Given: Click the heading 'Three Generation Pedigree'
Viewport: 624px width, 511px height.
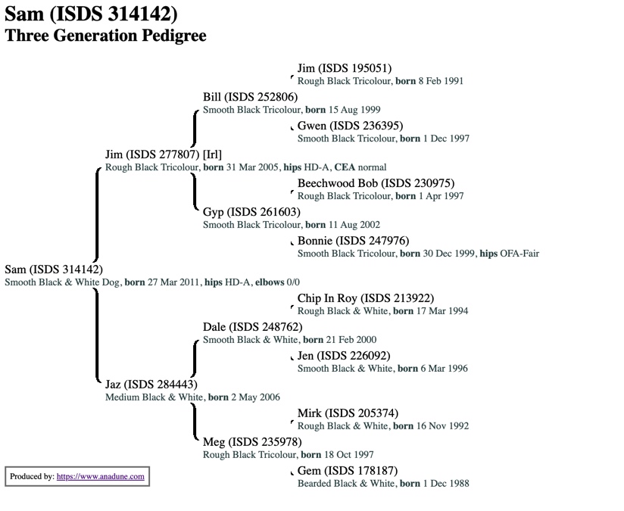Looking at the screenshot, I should [105, 35].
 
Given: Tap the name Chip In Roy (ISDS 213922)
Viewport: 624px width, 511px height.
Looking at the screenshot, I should [366, 298].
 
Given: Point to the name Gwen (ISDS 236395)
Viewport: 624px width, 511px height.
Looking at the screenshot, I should [350, 126].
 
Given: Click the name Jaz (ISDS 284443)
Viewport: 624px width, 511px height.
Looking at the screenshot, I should [151, 385].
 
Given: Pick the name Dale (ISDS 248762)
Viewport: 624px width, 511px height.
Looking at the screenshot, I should [252, 327].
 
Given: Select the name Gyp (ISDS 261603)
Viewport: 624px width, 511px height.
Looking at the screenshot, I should [251, 212].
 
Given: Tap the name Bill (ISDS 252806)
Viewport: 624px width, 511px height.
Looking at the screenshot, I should [250, 97].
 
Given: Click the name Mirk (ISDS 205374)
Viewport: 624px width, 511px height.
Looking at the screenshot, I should [348, 413].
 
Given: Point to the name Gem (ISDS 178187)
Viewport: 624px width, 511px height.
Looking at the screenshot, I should [347, 471].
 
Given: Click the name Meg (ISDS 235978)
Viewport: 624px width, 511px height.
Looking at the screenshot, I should [252, 442].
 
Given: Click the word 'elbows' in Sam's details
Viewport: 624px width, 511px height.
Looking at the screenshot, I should [269, 282].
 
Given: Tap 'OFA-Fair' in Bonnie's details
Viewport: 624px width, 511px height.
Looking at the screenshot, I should [519, 254].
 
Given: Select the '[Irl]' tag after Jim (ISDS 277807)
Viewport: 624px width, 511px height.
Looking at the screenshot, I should [212, 154].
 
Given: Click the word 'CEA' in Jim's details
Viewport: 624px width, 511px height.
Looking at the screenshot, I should [345, 167].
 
